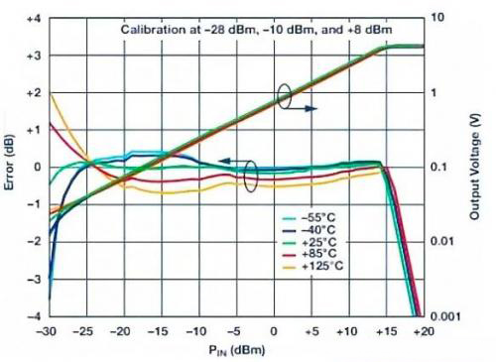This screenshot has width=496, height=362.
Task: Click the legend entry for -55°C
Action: (309, 218)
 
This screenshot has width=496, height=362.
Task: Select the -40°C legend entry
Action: (309, 230)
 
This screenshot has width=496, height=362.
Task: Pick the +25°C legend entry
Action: (310, 242)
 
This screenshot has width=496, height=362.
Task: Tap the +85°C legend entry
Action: (310, 254)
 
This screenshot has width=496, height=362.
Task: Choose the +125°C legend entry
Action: (312, 266)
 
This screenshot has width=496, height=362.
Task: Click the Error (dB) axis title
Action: (10, 162)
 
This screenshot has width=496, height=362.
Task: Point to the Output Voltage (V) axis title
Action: (475, 167)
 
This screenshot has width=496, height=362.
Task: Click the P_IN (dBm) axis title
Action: (237, 350)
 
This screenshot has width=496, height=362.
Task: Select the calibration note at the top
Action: (256, 30)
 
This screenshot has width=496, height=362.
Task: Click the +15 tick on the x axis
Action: (386, 331)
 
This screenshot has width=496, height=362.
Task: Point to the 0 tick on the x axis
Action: (274, 331)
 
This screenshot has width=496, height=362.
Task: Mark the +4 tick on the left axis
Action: (33, 19)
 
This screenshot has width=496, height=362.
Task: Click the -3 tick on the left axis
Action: (34, 280)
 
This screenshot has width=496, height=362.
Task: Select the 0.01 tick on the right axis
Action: (441, 241)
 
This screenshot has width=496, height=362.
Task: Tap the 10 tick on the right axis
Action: (437, 17)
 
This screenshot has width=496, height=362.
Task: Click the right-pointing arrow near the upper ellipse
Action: (301, 108)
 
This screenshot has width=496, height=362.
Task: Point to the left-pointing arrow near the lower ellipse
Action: (234, 161)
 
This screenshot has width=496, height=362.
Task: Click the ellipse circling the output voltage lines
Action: (284, 96)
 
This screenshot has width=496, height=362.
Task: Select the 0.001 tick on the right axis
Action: (445, 316)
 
